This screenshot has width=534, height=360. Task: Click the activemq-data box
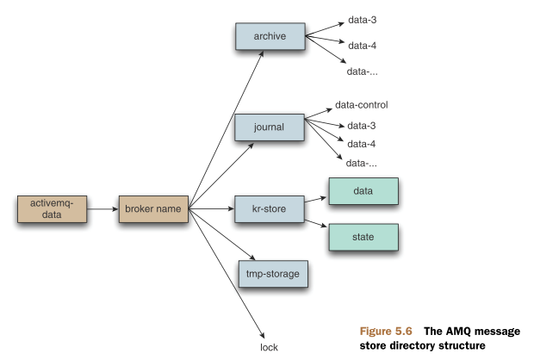pos(52,208)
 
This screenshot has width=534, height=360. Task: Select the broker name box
pos(152,208)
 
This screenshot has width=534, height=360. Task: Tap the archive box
pos(270,36)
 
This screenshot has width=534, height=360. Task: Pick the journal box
pos(270,127)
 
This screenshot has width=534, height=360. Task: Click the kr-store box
pos(270,208)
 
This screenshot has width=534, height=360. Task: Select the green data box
pos(363,191)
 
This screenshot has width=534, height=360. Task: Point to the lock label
pos(270,347)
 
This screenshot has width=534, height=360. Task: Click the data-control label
pos(362,105)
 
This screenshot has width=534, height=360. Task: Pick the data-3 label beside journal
pos(361,125)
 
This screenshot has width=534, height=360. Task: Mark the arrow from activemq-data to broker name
pos(102,208)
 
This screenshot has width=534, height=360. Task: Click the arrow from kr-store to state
pos(316,220)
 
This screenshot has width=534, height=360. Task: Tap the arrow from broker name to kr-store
pos(211,208)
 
